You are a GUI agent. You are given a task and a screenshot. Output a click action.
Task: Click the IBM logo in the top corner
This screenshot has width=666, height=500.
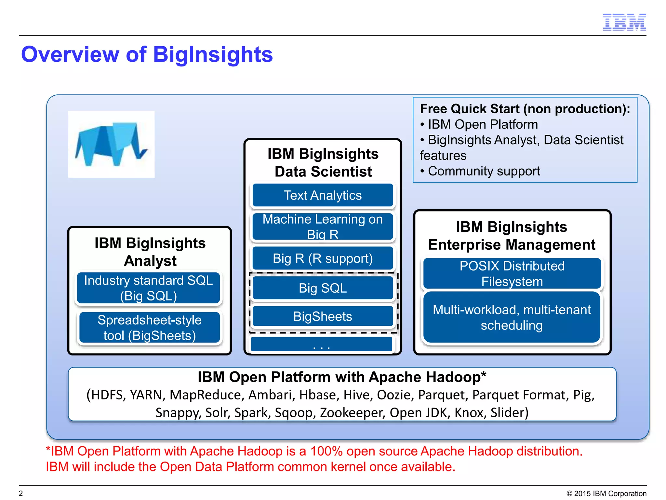coord(624,22)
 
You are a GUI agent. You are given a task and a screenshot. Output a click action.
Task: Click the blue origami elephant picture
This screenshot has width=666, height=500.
coord(111,144)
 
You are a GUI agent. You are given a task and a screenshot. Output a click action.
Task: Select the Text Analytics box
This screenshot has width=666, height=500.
coord(323,195)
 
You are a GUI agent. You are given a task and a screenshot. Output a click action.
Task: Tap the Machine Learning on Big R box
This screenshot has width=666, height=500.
coord(323,227)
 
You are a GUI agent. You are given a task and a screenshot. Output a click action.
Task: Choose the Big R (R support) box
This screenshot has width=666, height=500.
coord(323,258)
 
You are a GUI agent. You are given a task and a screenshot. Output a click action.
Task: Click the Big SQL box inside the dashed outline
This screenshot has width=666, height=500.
coord(323,288)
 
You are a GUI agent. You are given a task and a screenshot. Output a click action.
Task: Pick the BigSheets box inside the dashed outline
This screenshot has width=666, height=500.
coord(323,316)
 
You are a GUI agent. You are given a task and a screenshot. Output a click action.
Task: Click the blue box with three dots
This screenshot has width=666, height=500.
coord(321,344)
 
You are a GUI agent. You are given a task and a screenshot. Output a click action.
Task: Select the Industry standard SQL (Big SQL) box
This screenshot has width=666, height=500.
coord(149,288)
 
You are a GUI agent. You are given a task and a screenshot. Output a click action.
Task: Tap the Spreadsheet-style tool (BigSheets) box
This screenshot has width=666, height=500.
coord(150,327)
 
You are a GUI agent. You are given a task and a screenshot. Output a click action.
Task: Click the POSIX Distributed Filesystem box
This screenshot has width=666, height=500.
coord(512,273)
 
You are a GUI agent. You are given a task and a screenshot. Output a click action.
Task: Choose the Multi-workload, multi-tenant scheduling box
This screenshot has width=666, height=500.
coord(512,317)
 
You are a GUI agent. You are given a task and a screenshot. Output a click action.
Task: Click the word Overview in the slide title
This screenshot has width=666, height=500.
coord(70,54)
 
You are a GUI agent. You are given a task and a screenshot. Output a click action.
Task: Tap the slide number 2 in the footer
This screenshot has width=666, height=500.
coord(21,493)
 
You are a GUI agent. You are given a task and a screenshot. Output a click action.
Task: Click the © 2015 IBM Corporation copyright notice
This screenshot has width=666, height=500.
coord(606,493)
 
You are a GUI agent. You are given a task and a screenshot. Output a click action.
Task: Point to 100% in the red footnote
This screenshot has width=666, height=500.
coord(326,451)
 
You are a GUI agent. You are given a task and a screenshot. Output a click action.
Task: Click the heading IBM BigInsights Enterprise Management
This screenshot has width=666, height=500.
coord(512,236)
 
